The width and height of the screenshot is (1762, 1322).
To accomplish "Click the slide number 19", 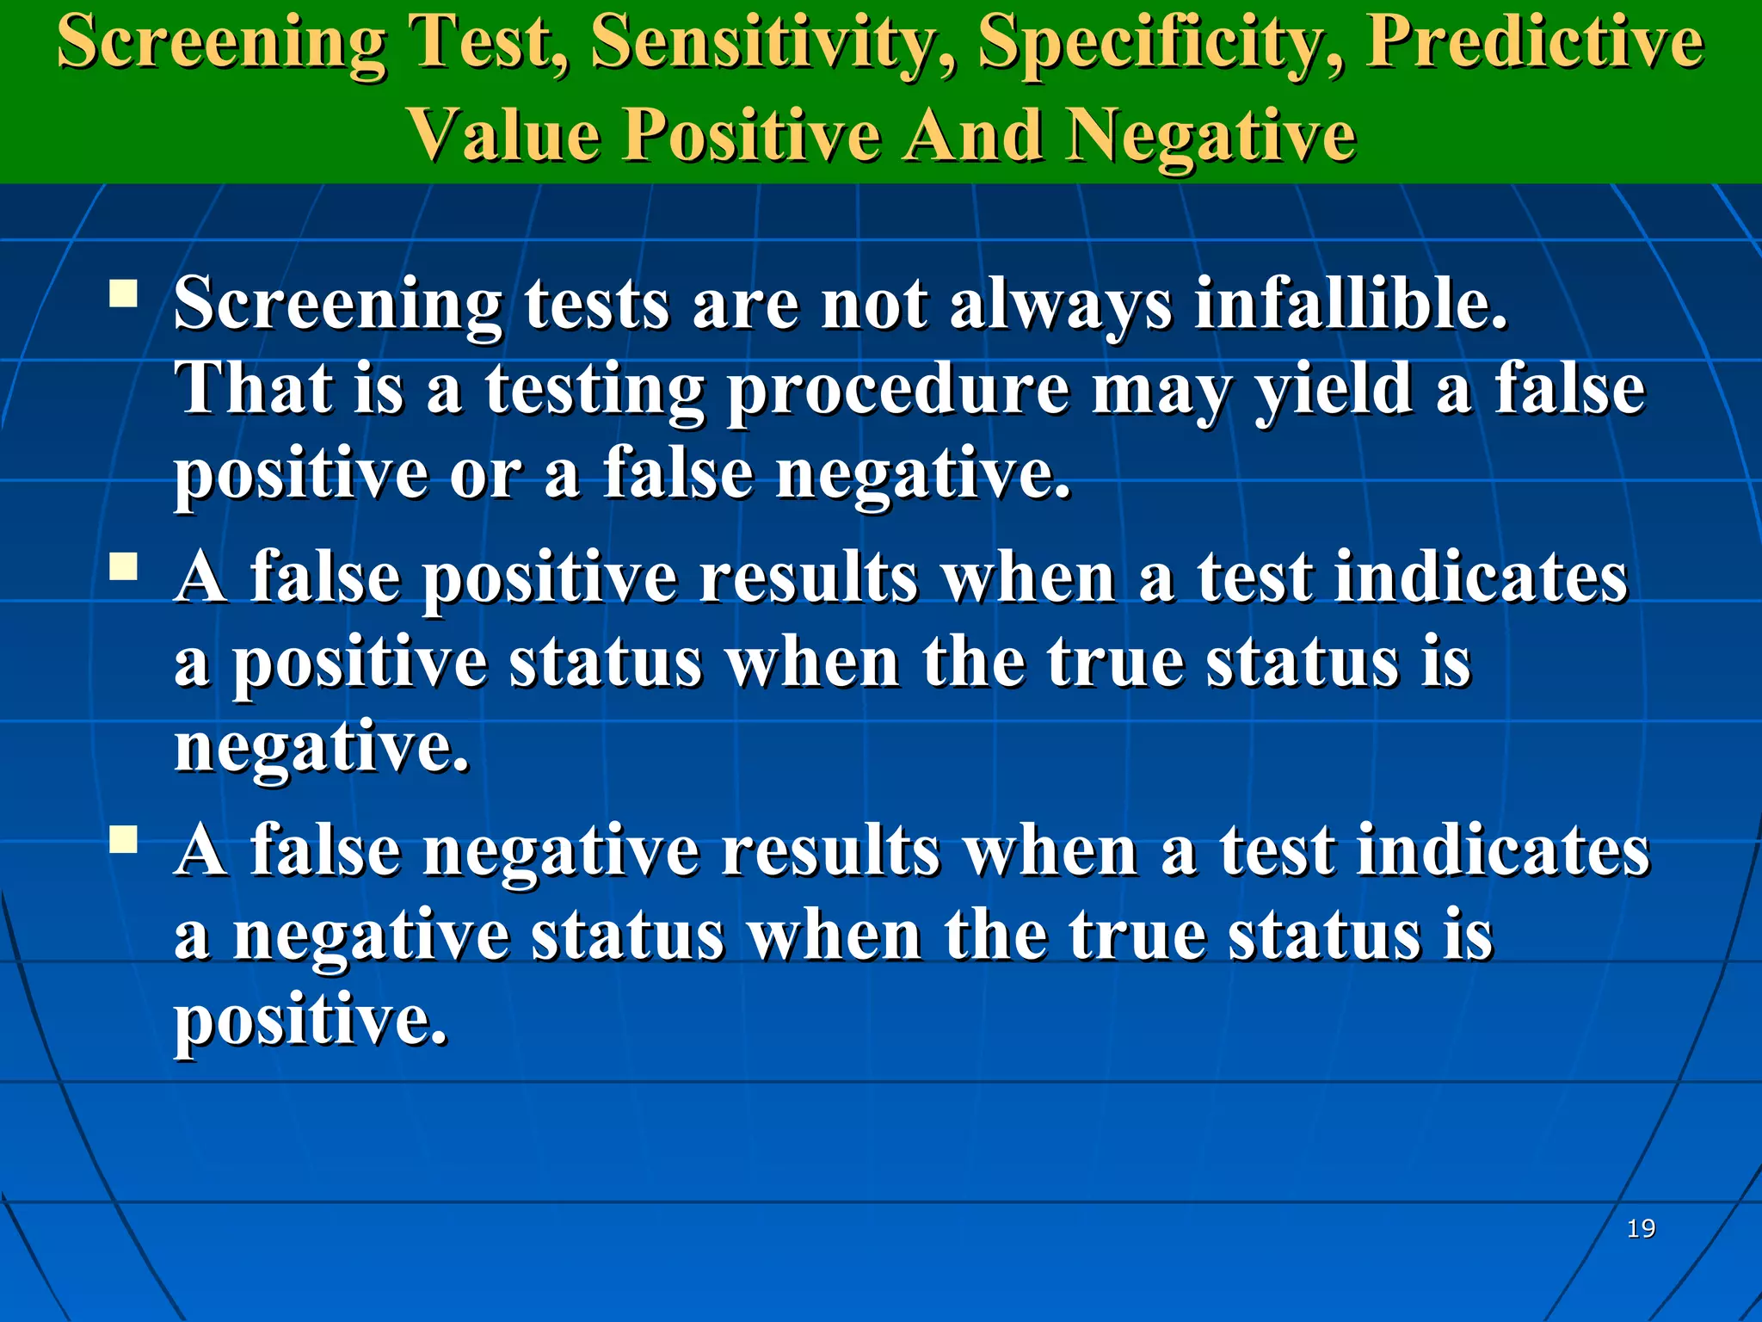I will [1641, 1228].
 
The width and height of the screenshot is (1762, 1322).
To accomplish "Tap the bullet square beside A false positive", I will [124, 567].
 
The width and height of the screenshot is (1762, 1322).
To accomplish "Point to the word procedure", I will [898, 390].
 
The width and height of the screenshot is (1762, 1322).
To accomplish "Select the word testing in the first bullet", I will [595, 390].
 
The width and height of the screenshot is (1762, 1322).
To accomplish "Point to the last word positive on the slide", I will [311, 1021].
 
